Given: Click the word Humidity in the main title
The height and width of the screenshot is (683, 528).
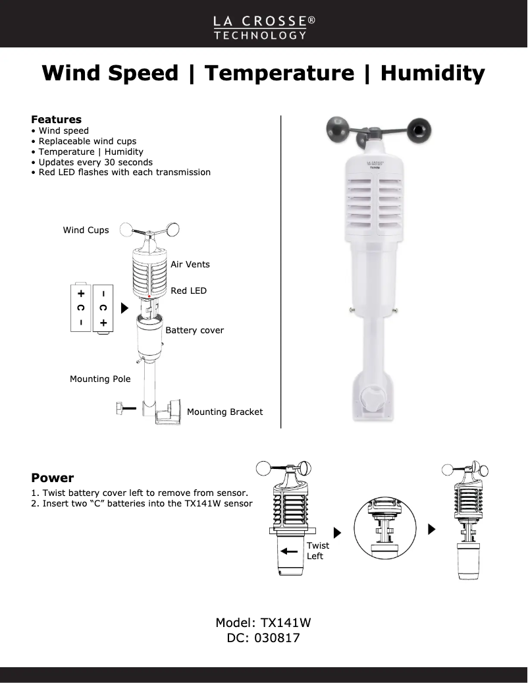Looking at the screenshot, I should click(x=432, y=72).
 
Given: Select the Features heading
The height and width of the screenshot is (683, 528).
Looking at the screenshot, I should click(x=57, y=119).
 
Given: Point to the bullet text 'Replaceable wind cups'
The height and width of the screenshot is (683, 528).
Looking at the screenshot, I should click(x=88, y=141).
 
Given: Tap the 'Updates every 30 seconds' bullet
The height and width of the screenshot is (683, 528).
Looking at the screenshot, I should click(x=95, y=162).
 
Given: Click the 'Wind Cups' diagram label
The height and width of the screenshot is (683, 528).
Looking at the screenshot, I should click(x=86, y=230).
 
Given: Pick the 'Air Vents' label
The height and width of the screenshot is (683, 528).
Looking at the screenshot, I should click(x=190, y=264).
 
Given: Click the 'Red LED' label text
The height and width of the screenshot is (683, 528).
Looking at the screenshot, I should click(x=188, y=290).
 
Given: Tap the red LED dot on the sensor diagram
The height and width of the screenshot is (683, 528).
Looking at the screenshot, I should click(x=151, y=297).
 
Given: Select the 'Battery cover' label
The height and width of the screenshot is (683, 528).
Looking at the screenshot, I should click(x=195, y=330).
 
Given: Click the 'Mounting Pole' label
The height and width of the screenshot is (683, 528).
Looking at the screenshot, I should click(x=100, y=379).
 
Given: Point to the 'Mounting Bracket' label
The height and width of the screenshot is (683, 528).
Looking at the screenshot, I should click(x=224, y=412).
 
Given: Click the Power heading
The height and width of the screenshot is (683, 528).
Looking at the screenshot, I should click(x=53, y=478).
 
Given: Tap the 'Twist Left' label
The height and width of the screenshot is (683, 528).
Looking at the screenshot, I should click(x=317, y=551).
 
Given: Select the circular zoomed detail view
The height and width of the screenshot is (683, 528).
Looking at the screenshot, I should click(x=383, y=531).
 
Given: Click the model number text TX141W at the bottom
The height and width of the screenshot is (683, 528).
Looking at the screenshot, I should click(x=286, y=622).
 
